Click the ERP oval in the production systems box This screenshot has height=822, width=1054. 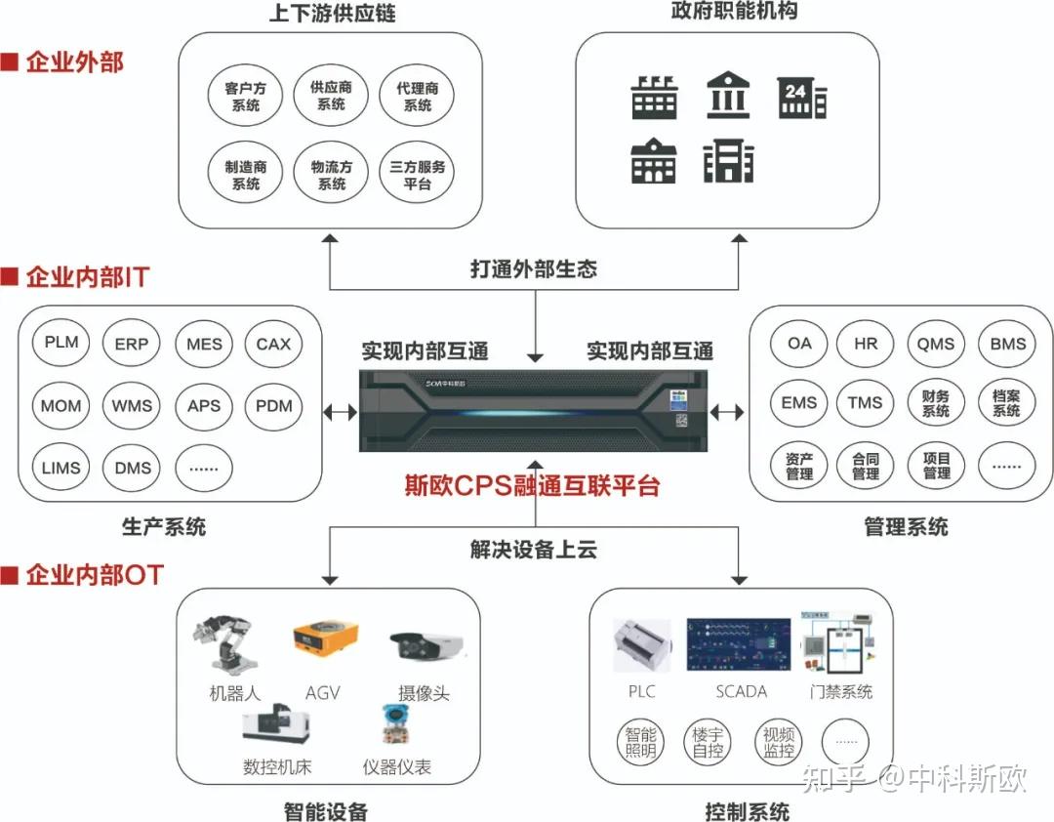(131, 344)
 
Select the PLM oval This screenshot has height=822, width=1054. (61, 343)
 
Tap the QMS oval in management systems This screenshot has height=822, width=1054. (935, 344)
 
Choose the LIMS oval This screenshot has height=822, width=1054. (61, 467)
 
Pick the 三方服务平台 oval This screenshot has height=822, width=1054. (417, 175)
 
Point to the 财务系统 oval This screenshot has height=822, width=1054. (935, 403)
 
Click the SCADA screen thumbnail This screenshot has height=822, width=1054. (738, 644)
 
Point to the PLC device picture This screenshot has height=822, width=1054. (641, 645)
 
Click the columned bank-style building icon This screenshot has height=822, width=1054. (727, 97)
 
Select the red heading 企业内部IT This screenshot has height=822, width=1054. (86, 277)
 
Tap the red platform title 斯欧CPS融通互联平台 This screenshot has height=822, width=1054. (533, 484)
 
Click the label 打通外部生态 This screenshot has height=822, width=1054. (533, 268)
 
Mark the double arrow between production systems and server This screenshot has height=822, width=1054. (340, 412)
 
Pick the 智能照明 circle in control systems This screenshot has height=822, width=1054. (641, 741)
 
